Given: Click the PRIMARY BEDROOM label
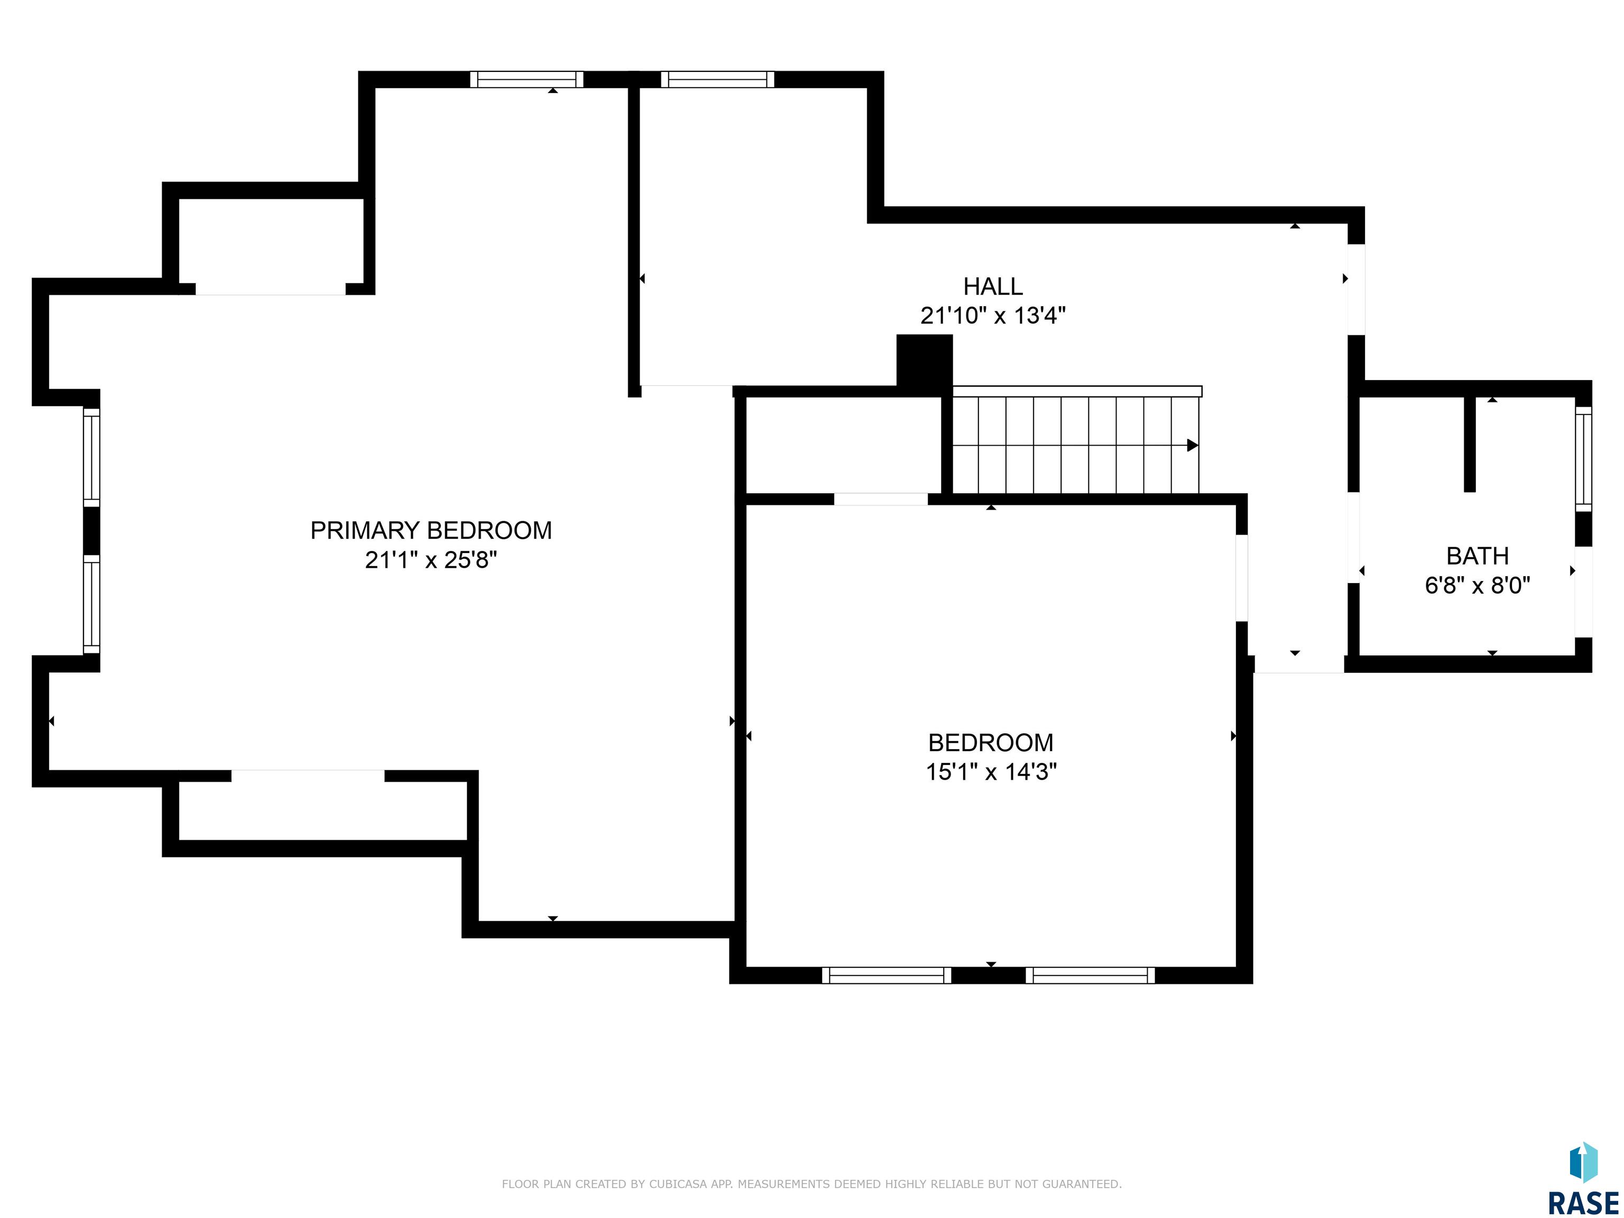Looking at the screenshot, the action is pos(431,530).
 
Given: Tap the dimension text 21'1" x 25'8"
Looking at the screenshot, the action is pos(431,560).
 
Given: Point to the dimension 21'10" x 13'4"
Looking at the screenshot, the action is pos(993,316).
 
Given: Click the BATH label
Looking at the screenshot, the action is pos(1477,556).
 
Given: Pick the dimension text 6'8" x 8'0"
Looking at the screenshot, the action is pos(1477,586).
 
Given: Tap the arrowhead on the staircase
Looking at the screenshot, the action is pos(1192,446).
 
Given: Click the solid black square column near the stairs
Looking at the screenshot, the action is pos(924,361).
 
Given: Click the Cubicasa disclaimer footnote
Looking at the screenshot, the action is pos(811,1184).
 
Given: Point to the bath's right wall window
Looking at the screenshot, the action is pos(1584,459).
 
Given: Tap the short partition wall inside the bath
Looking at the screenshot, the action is pos(1469,444).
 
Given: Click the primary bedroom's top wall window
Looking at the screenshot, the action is pos(527,79).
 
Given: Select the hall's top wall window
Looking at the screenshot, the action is pos(717,79).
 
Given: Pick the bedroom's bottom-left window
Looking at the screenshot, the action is pos(886,975).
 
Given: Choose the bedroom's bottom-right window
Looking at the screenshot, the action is pos(1090,975).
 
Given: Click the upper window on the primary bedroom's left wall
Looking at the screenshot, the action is pos(91,457).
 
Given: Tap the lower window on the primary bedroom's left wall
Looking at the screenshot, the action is pos(91,604).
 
